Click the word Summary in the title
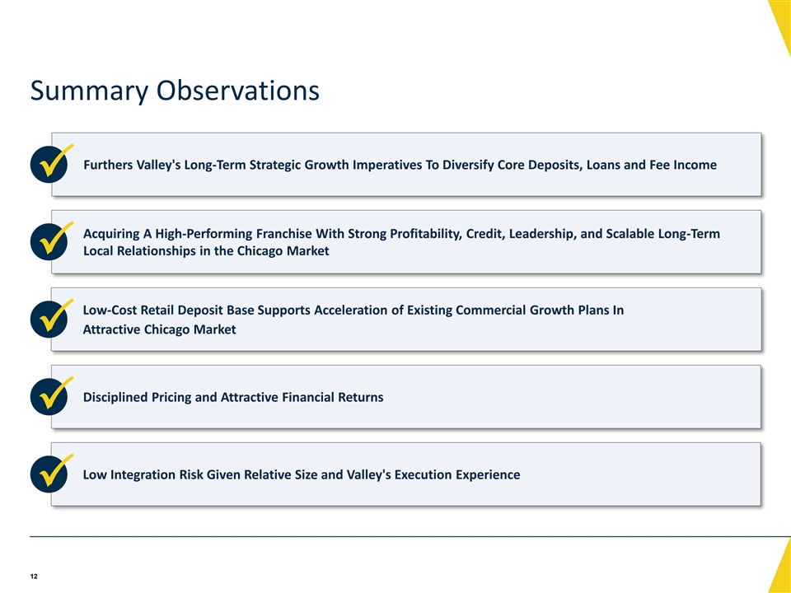click(89, 91)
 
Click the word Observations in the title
click(237, 90)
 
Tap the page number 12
click(34, 577)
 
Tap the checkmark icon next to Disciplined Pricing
click(50, 395)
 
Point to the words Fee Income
click(683, 165)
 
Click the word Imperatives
click(387, 166)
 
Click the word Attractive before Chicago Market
click(111, 329)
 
